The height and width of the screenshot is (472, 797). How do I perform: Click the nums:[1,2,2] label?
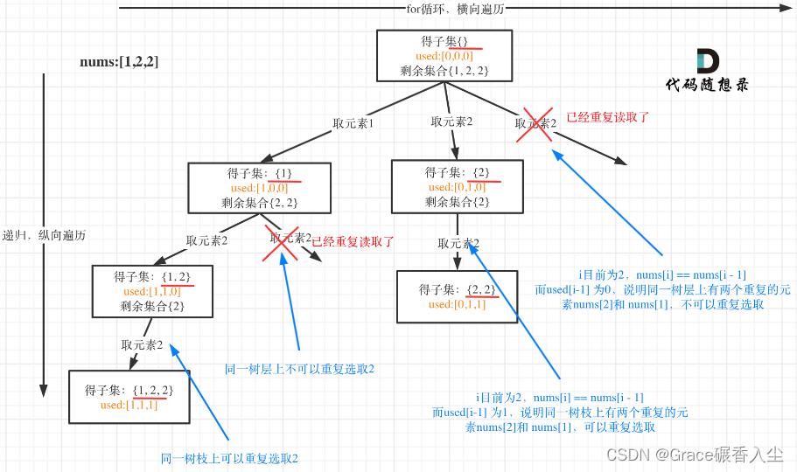click(x=119, y=62)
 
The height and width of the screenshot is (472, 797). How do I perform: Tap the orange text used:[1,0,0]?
click(x=259, y=188)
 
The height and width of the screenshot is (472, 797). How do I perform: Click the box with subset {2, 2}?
click(x=457, y=296)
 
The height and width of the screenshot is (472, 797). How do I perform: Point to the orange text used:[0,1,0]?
click(x=457, y=187)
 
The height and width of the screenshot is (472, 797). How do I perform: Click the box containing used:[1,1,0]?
click(x=152, y=291)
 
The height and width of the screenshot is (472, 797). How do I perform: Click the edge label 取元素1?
click(x=353, y=123)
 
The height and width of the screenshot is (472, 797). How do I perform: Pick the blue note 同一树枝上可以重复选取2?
click(x=229, y=458)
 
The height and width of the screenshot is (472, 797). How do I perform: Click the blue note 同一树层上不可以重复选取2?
click(x=299, y=369)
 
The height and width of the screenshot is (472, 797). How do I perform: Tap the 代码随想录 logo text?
click(x=706, y=85)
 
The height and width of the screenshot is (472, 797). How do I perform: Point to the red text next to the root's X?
click(x=607, y=117)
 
